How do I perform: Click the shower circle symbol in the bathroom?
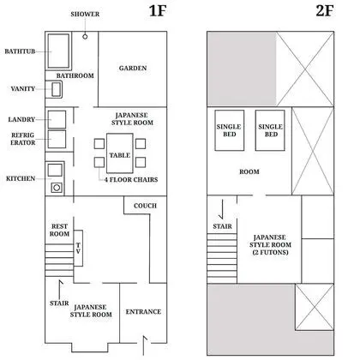pyautogui.click(x=85, y=37)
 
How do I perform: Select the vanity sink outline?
pyautogui.click(x=57, y=89)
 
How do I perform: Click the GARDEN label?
pyautogui.click(x=133, y=69)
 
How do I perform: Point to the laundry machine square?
pyautogui.click(x=57, y=119)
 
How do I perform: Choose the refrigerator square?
pyautogui.click(x=57, y=139)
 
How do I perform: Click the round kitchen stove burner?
pyautogui.click(x=57, y=188)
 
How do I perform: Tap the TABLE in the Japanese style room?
pyautogui.click(x=120, y=153)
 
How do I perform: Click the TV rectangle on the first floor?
pyautogui.click(x=78, y=248)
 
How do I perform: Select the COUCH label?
pyautogui.click(x=145, y=206)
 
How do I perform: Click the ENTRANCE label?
pyautogui.click(x=143, y=312)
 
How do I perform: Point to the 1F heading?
pyautogui.click(x=158, y=11)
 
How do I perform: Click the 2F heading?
pyautogui.click(x=325, y=11)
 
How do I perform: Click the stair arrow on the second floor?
pyautogui.click(x=222, y=209)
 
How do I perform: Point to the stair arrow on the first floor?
pyautogui.click(x=60, y=290)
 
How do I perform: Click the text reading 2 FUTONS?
pyautogui.click(x=270, y=252)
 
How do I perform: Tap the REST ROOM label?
pyautogui.click(x=59, y=230)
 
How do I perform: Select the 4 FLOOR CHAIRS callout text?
pyautogui.click(x=131, y=180)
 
